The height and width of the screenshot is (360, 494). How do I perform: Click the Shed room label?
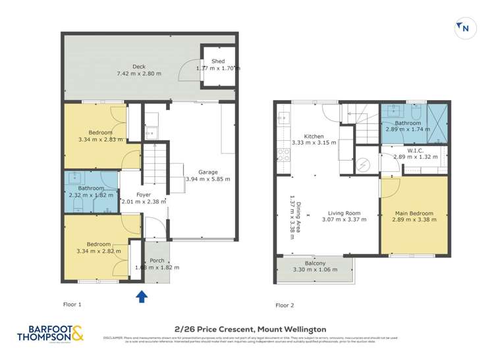tap(218, 61)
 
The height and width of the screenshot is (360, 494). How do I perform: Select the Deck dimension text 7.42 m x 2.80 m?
tap(138, 74)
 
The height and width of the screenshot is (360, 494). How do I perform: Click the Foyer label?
tap(143, 195)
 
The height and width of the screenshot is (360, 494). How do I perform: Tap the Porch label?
tap(157, 261)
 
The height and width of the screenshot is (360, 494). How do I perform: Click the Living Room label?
tap(344, 213)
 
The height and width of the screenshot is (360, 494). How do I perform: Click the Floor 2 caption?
tap(285, 305)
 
